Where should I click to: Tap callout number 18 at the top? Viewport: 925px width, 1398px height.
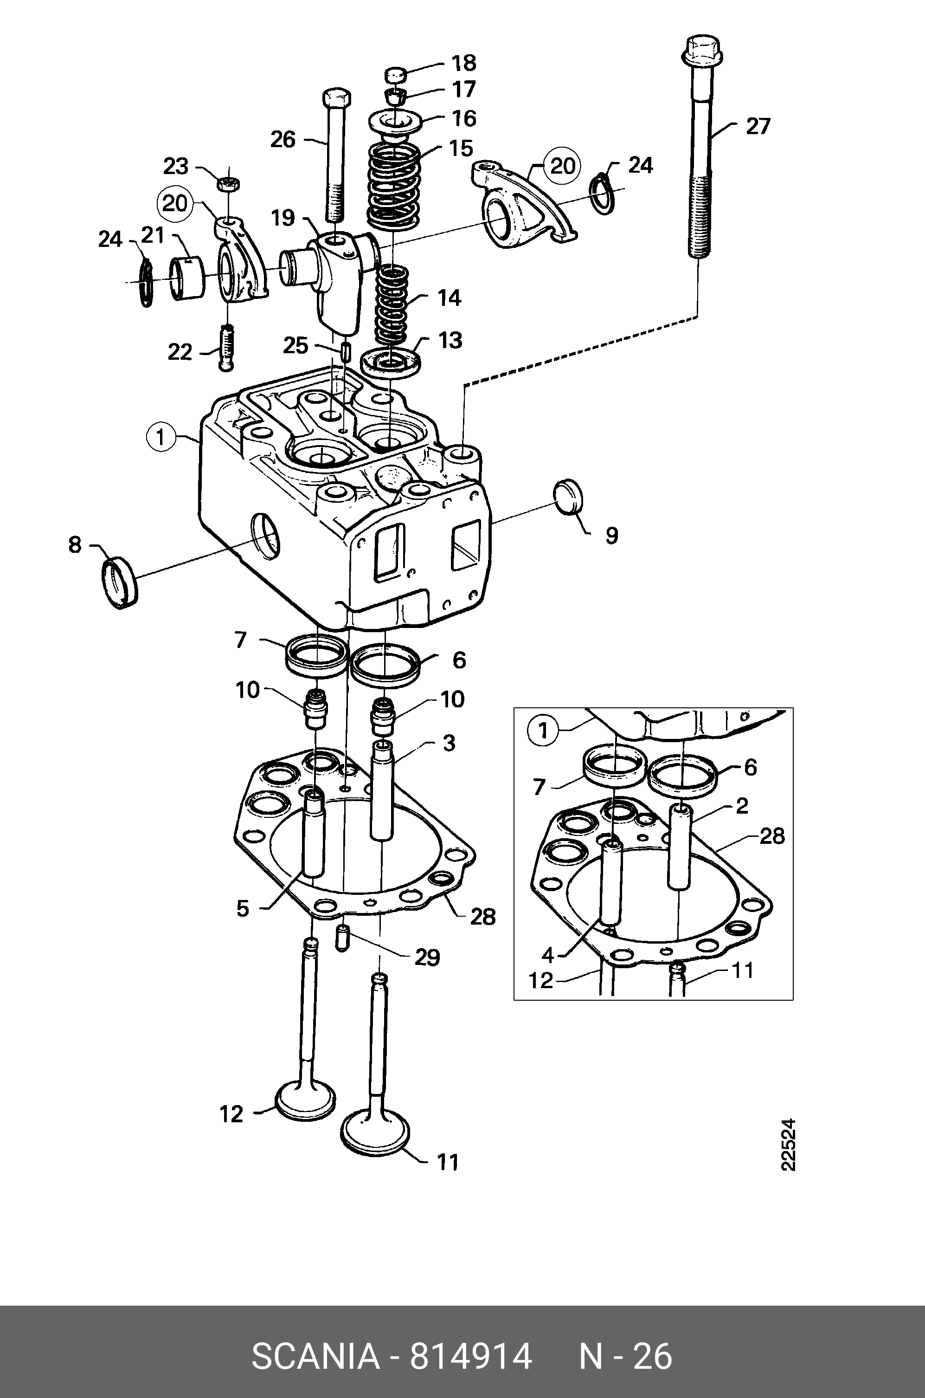pyautogui.click(x=464, y=63)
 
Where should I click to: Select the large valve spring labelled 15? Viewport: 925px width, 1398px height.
pyautogui.click(x=394, y=188)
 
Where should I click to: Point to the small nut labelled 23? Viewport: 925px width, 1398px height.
pyautogui.click(x=227, y=183)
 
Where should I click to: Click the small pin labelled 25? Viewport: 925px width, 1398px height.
pyautogui.click(x=346, y=353)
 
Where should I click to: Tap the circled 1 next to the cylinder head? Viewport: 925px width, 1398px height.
pyautogui.click(x=161, y=438)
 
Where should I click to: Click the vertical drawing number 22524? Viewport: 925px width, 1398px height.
pyautogui.click(x=788, y=1144)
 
